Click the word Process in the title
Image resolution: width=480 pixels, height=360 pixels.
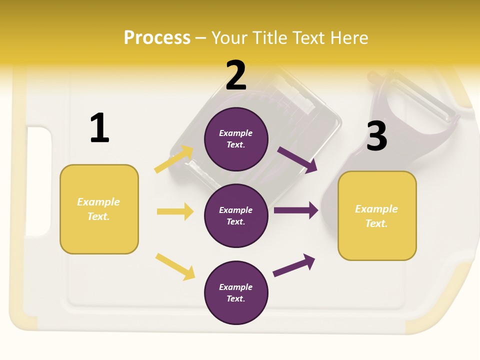[x=157, y=37]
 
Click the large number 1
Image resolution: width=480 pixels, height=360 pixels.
[x=99, y=128]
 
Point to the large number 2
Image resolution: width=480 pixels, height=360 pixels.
[x=236, y=75]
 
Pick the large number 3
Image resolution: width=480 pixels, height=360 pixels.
[x=376, y=136]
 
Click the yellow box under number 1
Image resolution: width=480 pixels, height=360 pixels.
[x=99, y=209]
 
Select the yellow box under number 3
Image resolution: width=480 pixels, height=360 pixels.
[x=377, y=216]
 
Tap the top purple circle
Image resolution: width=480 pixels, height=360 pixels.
[x=236, y=139]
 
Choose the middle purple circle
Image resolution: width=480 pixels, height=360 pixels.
[x=236, y=215]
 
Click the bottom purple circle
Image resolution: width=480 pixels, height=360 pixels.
[x=236, y=292]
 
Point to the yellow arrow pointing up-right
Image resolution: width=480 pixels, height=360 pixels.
[x=174, y=159]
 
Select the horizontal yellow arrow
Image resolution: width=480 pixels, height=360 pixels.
[x=175, y=211]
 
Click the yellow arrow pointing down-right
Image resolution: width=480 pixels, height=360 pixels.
[x=175, y=266]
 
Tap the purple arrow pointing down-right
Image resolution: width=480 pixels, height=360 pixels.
[x=297, y=159]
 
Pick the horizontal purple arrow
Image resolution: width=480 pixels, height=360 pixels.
[x=295, y=210]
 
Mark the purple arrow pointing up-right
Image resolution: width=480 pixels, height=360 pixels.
[x=294, y=265]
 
